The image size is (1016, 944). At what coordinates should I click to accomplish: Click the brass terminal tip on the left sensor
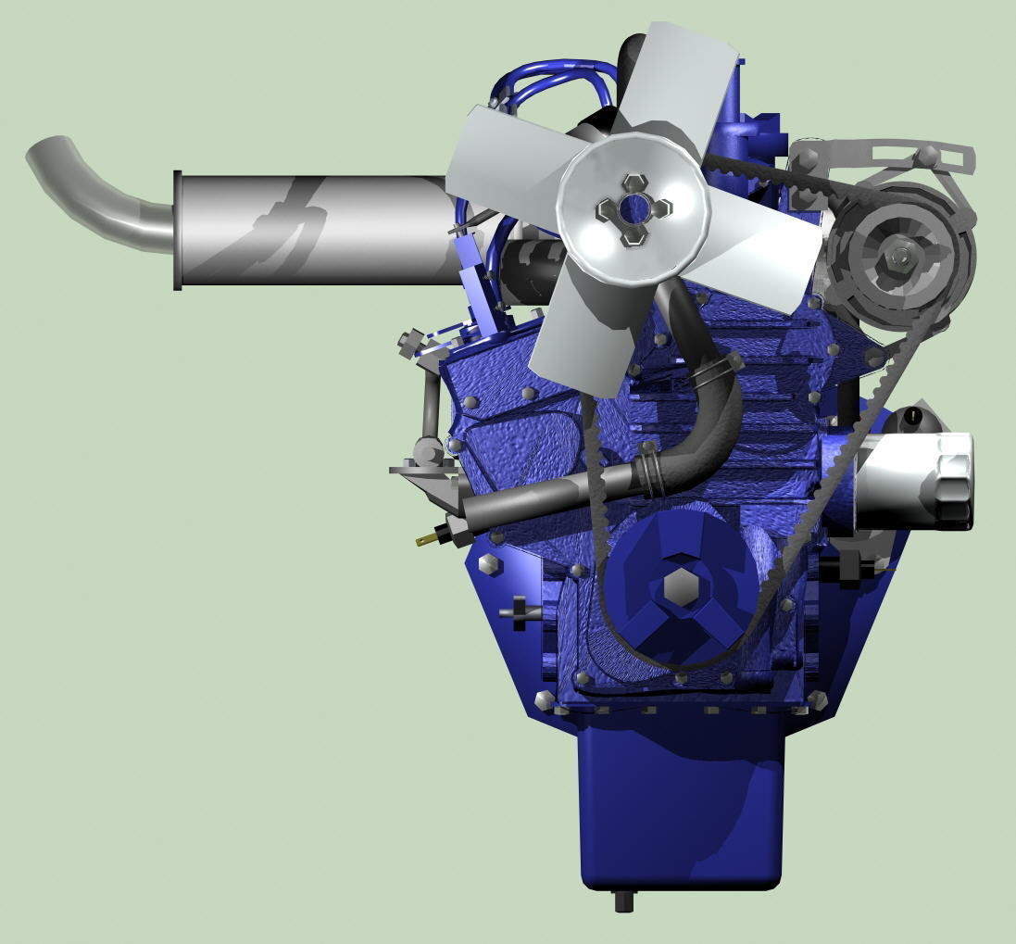pos(424,538)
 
